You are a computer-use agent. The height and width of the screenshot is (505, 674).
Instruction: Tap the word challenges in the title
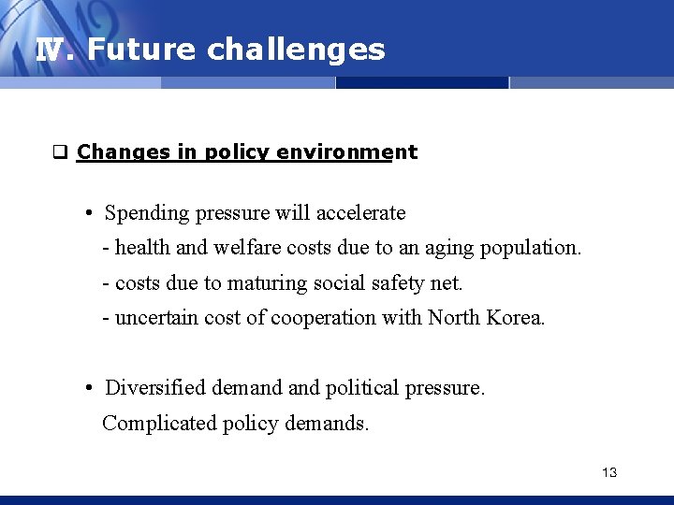pyautogui.click(x=296, y=50)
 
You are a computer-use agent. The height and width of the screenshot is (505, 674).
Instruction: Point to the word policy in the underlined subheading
pyautogui.click(x=238, y=151)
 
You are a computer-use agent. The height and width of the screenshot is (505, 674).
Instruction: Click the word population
pyautogui.click(x=530, y=248)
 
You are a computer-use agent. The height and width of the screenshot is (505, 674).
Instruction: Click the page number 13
pyautogui.click(x=609, y=472)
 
